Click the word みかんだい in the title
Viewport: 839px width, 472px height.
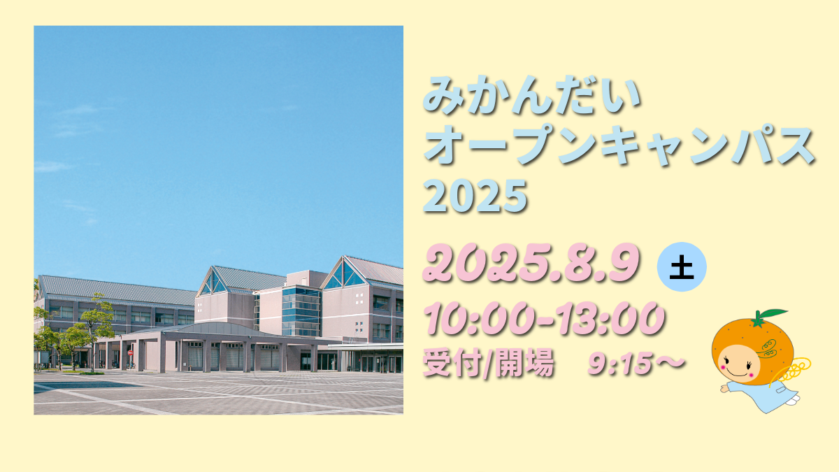533,95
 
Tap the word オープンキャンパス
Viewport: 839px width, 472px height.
619,144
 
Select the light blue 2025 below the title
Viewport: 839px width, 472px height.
475,196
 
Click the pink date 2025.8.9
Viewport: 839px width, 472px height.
531,263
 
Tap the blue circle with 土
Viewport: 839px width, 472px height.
682,267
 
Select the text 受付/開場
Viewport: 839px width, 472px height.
488,363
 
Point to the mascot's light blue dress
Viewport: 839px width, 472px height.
764,394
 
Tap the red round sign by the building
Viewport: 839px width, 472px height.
130,352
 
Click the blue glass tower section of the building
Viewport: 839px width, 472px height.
301,311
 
